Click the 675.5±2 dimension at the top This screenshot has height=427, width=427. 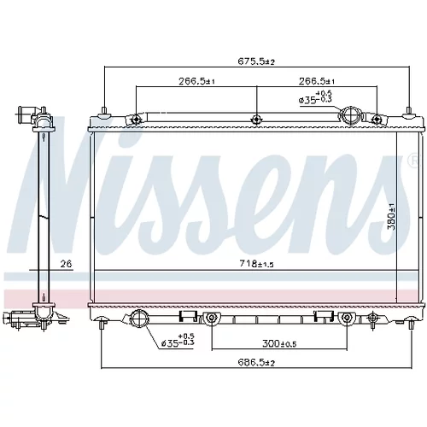click(x=256, y=61)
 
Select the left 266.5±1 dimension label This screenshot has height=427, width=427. click(x=196, y=81)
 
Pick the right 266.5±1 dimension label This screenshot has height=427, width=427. click(x=317, y=81)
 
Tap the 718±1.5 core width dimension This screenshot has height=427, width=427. click(x=256, y=264)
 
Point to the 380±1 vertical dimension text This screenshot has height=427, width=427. click(x=392, y=217)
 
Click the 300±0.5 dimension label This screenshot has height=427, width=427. click(x=279, y=344)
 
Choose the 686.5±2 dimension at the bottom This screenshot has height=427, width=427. click(x=256, y=362)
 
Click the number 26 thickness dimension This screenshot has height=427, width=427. click(x=66, y=264)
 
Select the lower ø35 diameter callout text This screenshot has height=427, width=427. click(x=178, y=340)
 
